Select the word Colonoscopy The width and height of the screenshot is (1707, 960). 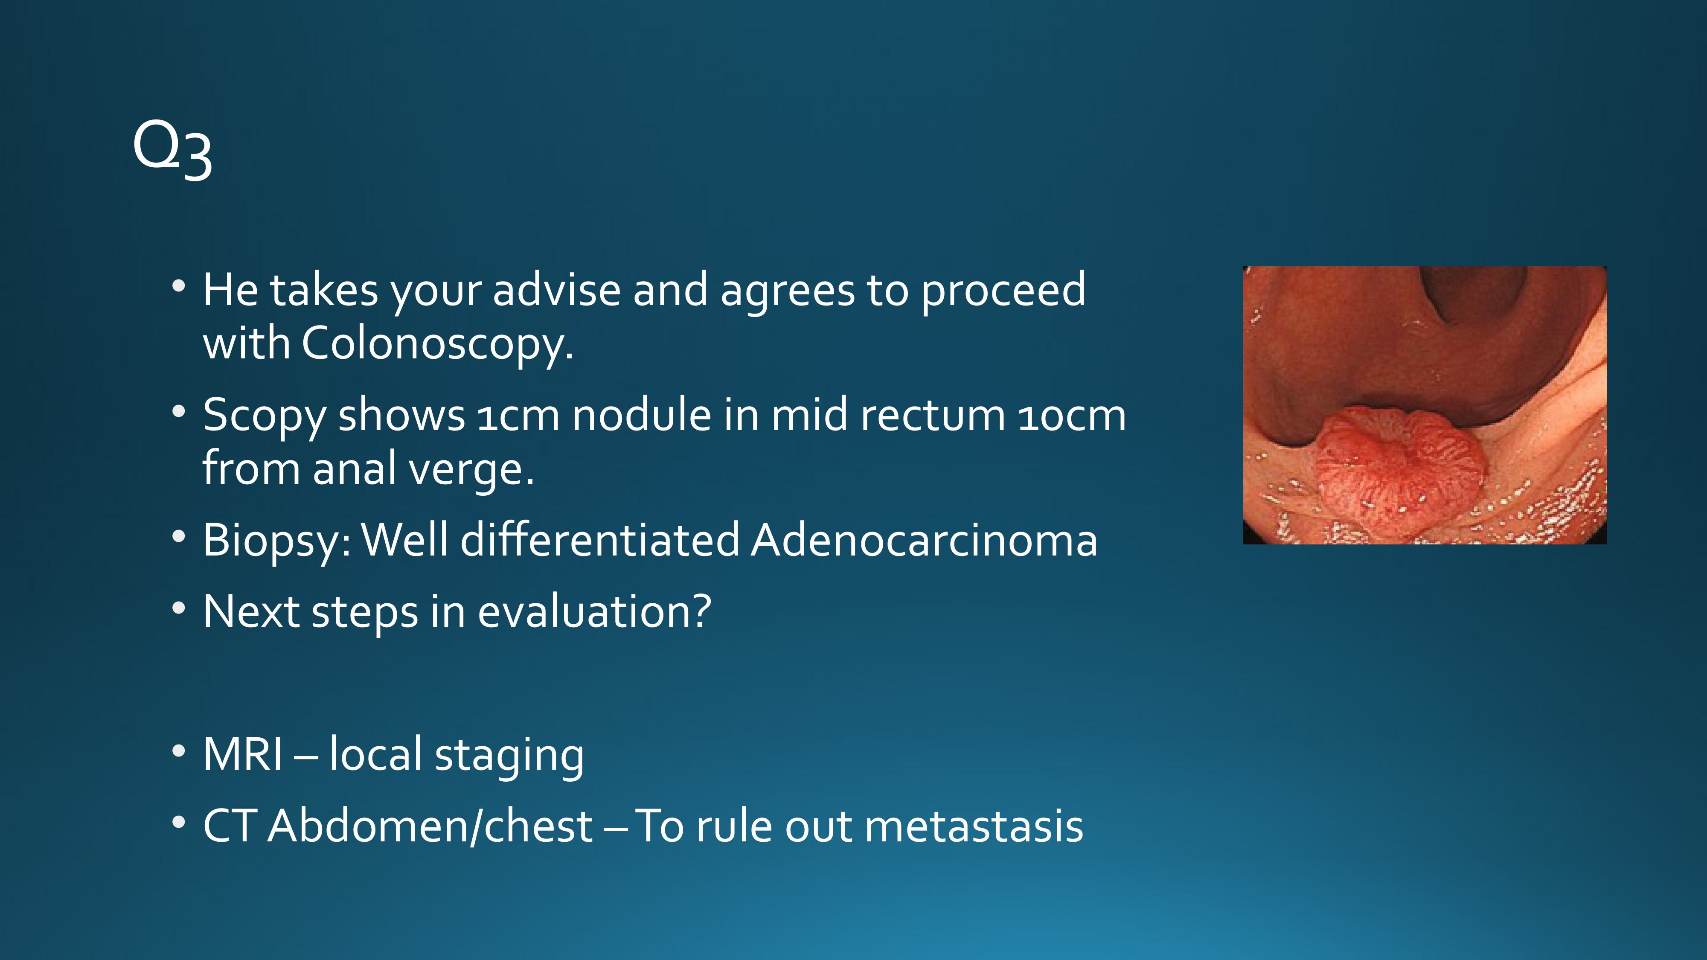437,344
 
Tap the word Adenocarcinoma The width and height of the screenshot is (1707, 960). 925,540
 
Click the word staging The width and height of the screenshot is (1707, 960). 509,756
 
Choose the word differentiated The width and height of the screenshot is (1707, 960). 600,540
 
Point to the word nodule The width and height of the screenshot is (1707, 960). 641,416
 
